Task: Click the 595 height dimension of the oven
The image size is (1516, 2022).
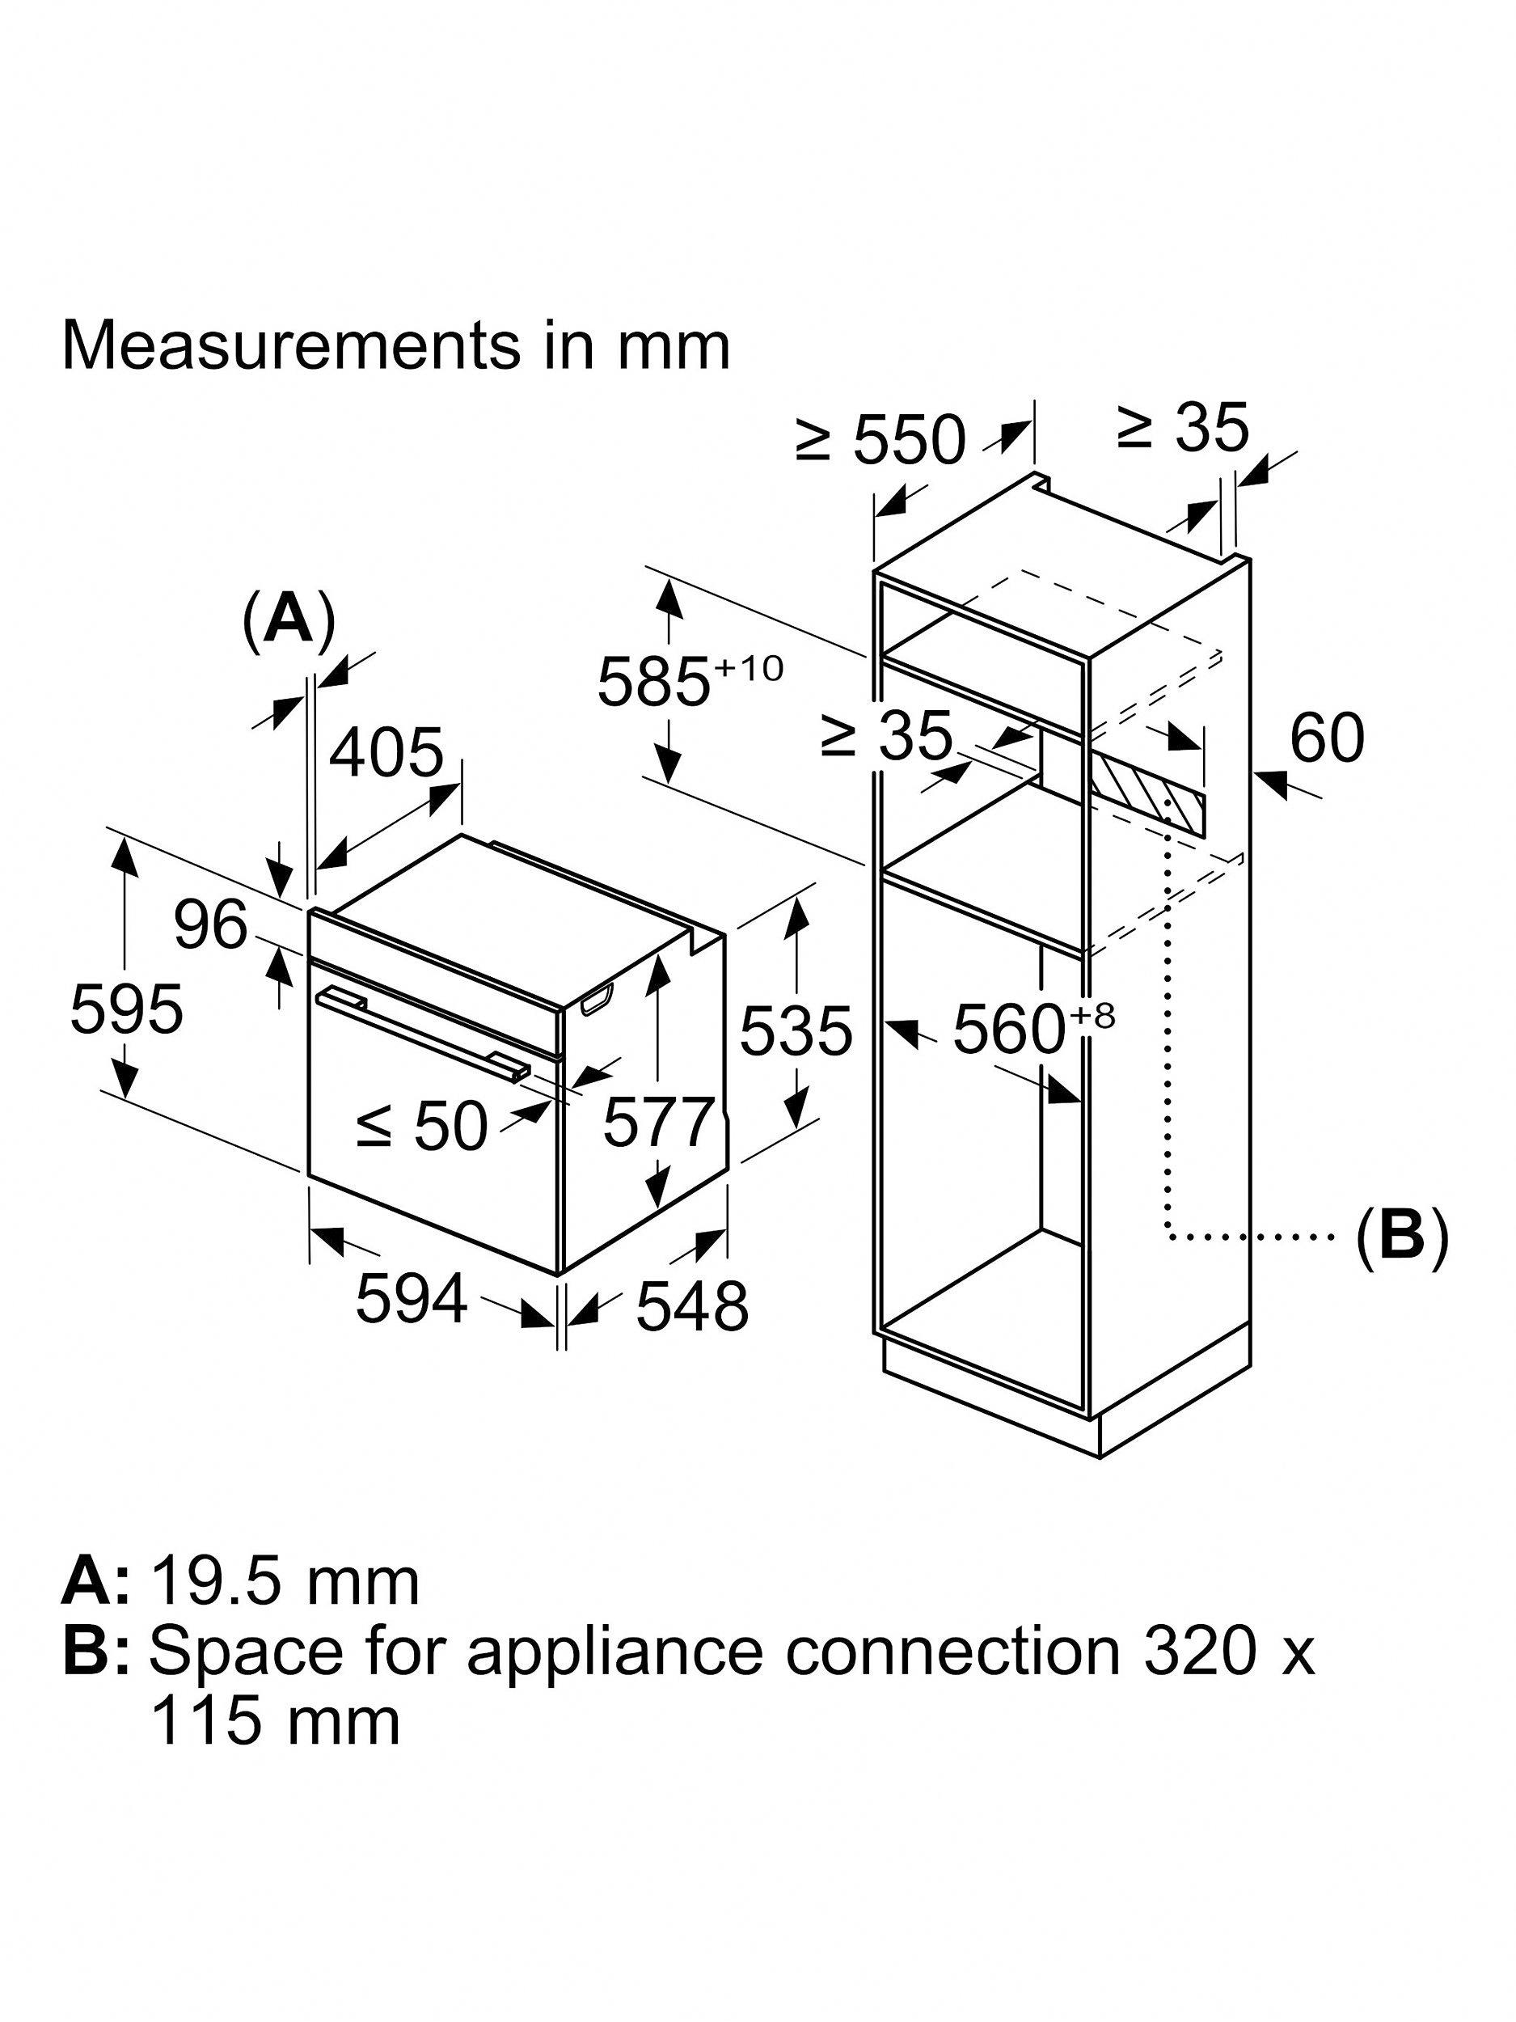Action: [126, 1009]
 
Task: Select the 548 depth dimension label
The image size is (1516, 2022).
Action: [692, 1306]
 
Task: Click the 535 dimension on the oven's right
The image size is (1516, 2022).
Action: [795, 1031]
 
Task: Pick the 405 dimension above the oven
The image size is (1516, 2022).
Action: [386, 753]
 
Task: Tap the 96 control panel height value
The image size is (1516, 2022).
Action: [211, 924]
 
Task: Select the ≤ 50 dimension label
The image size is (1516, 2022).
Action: [422, 1125]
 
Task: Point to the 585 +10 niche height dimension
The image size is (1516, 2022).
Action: [690, 680]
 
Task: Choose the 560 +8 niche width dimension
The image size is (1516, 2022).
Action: [1033, 1028]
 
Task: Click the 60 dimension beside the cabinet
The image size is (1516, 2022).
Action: [1327, 738]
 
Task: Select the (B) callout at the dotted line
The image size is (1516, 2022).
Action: [1401, 1237]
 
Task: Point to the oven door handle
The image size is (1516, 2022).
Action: [420, 1031]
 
